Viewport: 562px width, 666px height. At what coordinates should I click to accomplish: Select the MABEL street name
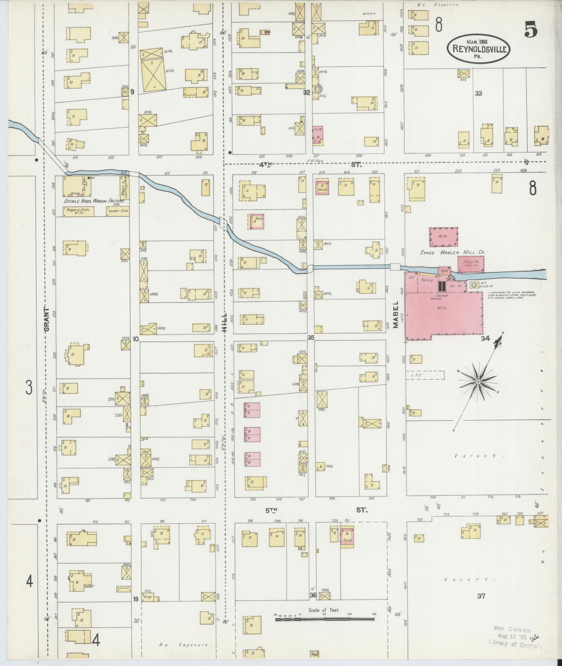(x=396, y=319)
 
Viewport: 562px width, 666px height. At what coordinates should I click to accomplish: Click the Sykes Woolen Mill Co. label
(x=453, y=252)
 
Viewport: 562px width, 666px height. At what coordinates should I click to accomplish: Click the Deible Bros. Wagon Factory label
(x=94, y=201)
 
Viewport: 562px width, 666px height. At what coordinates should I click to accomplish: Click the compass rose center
(x=478, y=382)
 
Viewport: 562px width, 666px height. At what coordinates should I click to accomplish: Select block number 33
(x=478, y=93)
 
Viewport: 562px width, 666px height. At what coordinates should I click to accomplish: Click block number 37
(x=481, y=596)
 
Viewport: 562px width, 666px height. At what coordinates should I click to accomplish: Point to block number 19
(x=136, y=599)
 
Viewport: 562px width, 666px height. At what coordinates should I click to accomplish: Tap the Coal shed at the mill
(x=444, y=271)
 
